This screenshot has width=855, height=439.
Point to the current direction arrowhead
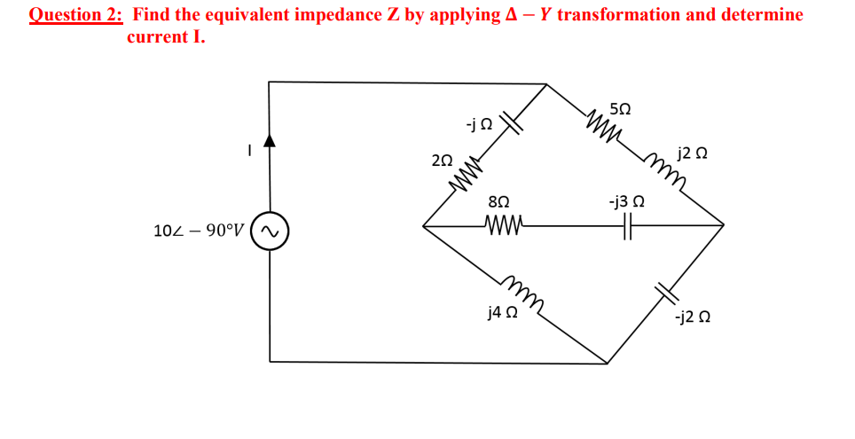[x=270, y=139]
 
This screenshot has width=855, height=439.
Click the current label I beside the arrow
[x=250, y=152]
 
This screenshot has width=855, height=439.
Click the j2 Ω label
[x=692, y=153]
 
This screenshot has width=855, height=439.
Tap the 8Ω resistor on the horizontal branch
[x=506, y=224]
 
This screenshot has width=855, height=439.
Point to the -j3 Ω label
[x=626, y=202]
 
